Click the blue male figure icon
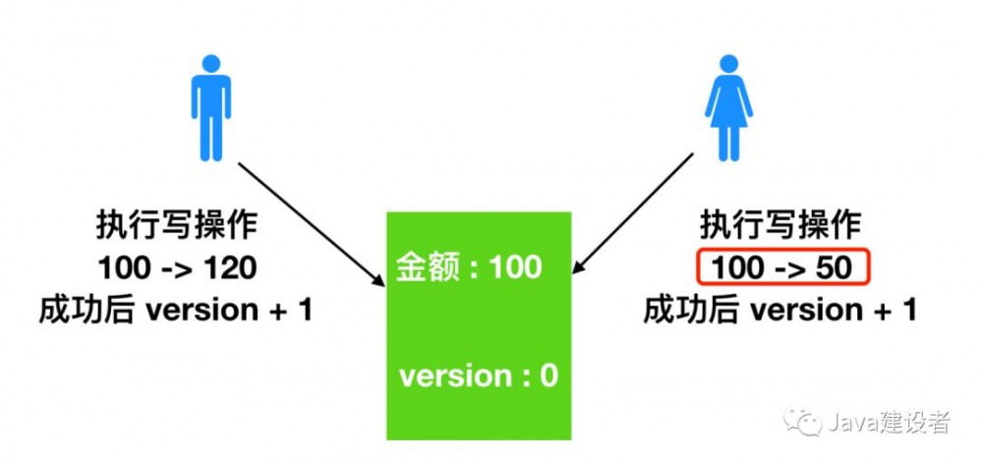click(209, 107)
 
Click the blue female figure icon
click(727, 107)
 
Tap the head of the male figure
click(209, 63)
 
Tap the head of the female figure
click(727, 63)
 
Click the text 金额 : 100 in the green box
click(469, 266)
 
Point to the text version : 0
click(479, 376)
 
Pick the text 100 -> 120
click(177, 267)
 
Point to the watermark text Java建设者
click(890, 424)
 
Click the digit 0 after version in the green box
click(549, 376)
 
